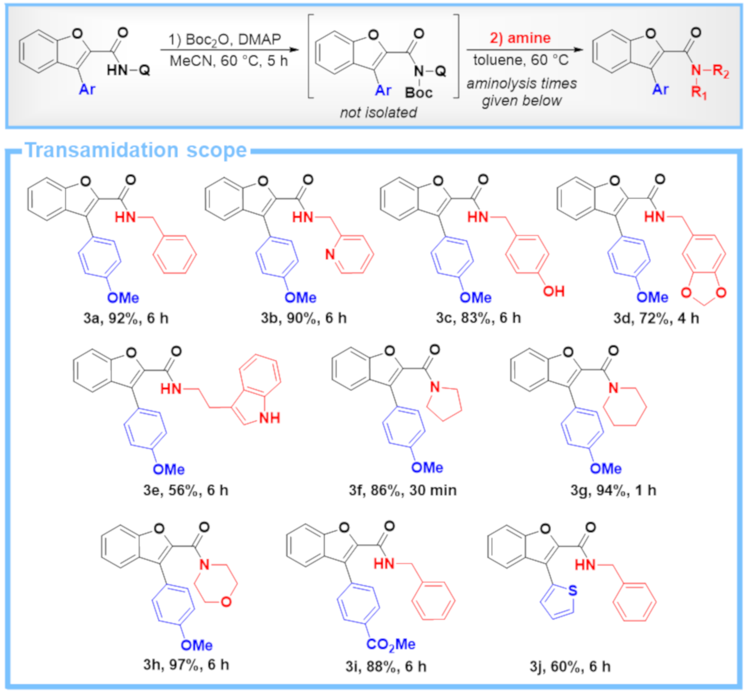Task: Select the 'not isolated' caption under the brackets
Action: tap(378, 112)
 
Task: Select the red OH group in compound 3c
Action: tap(554, 291)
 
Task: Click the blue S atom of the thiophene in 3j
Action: tap(572, 590)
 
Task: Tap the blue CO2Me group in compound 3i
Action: tap(391, 644)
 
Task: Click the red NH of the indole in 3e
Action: tap(269, 418)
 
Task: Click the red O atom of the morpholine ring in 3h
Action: tap(226, 602)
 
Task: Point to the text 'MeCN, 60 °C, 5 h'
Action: tap(228, 61)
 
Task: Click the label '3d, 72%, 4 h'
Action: tap(656, 318)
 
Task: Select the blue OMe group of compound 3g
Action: tap(605, 469)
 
